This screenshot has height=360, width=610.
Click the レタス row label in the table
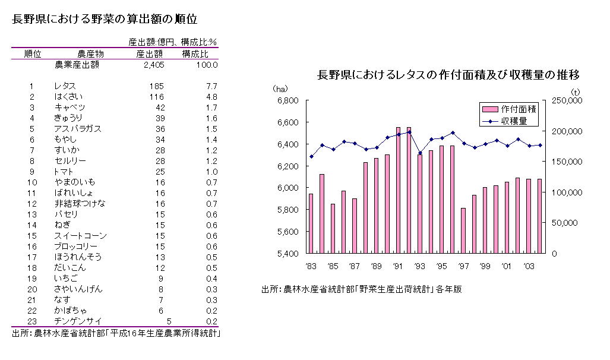pyautogui.click(x=64, y=86)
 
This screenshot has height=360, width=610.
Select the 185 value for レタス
pyautogui.click(x=157, y=86)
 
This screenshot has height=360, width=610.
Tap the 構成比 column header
pyautogui.click(x=195, y=54)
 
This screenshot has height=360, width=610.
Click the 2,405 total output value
pyautogui.click(x=154, y=65)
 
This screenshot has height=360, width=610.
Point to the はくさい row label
pyautogui.click(x=68, y=97)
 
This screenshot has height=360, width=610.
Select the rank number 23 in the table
pyautogui.click(x=33, y=321)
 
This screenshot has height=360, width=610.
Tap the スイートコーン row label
pyautogui.click(x=80, y=236)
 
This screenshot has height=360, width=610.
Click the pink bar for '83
pyautogui.click(x=311, y=223)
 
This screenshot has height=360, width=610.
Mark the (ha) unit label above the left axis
pyautogui.click(x=280, y=89)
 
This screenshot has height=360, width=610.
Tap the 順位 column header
pyautogui.click(x=33, y=54)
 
